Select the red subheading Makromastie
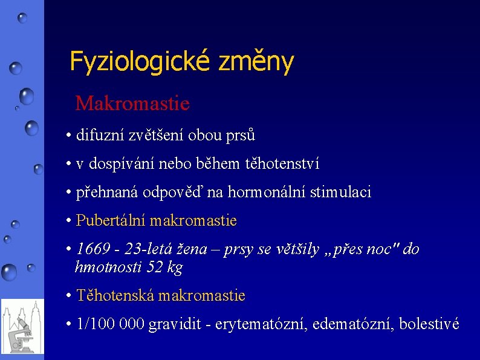(132, 103)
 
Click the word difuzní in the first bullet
(100, 135)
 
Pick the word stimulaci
(340, 193)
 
